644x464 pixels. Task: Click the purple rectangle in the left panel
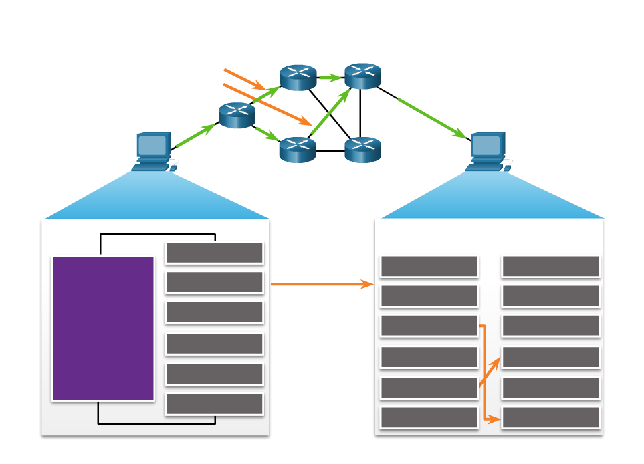pos(103,328)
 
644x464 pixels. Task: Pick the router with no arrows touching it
pos(362,150)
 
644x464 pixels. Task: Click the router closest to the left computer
pos(237,115)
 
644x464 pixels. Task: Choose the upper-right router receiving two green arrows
pos(362,76)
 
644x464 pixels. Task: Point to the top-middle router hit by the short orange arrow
pos(298,77)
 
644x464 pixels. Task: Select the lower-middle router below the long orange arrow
pos(297,150)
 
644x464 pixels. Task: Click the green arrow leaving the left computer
pos(195,136)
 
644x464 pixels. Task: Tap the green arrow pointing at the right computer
pos(431,118)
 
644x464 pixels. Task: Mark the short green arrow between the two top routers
pos(330,78)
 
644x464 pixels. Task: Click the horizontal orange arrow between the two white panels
pos(322,285)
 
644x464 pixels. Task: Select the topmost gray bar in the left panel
pos(214,253)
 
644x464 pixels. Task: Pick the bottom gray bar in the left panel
pos(214,404)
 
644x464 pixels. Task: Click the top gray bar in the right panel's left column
pos(429,266)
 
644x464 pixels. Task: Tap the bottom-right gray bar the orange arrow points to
pos(550,418)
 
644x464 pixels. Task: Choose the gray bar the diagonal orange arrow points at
pos(550,357)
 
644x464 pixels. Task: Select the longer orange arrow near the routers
pos(267,104)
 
